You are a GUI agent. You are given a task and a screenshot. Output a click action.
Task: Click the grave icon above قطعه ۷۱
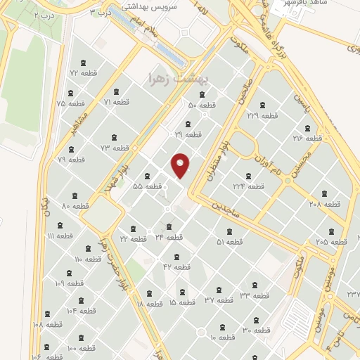click(x=116, y=92)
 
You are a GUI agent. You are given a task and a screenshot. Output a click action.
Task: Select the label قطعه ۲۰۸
click(x=325, y=204)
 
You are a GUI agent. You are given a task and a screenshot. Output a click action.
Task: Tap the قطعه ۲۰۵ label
click(x=331, y=241)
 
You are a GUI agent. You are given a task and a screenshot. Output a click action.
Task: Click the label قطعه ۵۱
click(x=230, y=242)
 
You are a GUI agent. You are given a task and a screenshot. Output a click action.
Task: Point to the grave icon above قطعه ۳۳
click(x=255, y=285)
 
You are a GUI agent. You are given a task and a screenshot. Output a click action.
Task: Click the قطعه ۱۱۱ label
click(x=56, y=236)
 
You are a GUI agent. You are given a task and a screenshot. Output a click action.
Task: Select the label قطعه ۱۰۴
click(x=81, y=310)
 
